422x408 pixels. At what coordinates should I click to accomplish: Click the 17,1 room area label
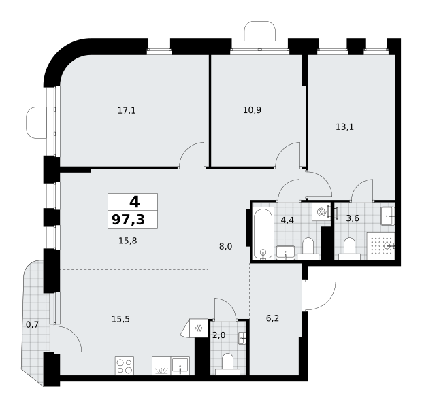point(127,111)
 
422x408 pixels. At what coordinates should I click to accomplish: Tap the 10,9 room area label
point(252,110)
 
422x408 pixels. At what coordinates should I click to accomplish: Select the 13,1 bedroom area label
point(345,126)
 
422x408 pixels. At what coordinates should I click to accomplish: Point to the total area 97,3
point(129,220)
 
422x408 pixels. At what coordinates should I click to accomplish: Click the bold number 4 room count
point(135,202)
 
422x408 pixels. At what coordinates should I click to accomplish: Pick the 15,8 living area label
point(128,241)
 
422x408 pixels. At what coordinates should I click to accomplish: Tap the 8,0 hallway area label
point(225,246)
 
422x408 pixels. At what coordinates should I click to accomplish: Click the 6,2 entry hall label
point(272,318)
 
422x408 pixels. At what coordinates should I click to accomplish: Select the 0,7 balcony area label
point(32,325)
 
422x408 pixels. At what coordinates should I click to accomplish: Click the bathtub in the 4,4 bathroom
point(263,234)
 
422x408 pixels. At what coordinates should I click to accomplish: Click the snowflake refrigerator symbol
point(199,328)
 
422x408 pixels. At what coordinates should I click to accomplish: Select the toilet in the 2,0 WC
point(228,364)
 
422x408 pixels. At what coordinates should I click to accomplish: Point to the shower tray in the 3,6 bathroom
point(380,246)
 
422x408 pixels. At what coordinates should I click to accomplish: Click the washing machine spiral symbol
point(321,212)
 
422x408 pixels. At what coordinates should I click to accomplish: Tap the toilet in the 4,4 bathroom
point(308,248)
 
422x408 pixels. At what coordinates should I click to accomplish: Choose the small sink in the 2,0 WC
point(242,338)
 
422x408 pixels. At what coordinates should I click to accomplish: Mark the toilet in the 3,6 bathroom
point(350,248)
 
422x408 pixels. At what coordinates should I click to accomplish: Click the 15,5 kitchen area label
point(120,319)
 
